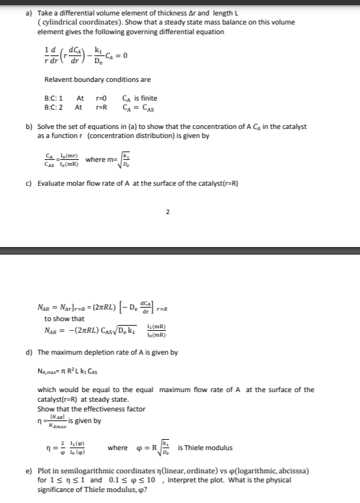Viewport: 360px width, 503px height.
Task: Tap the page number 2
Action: (x=167, y=211)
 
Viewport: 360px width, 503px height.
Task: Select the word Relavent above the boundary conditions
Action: (x=59, y=80)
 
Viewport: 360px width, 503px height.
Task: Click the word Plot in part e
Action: (x=44, y=472)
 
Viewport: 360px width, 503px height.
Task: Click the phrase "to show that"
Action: (x=64, y=319)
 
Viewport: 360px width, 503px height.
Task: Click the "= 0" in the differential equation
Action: (x=123, y=54)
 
